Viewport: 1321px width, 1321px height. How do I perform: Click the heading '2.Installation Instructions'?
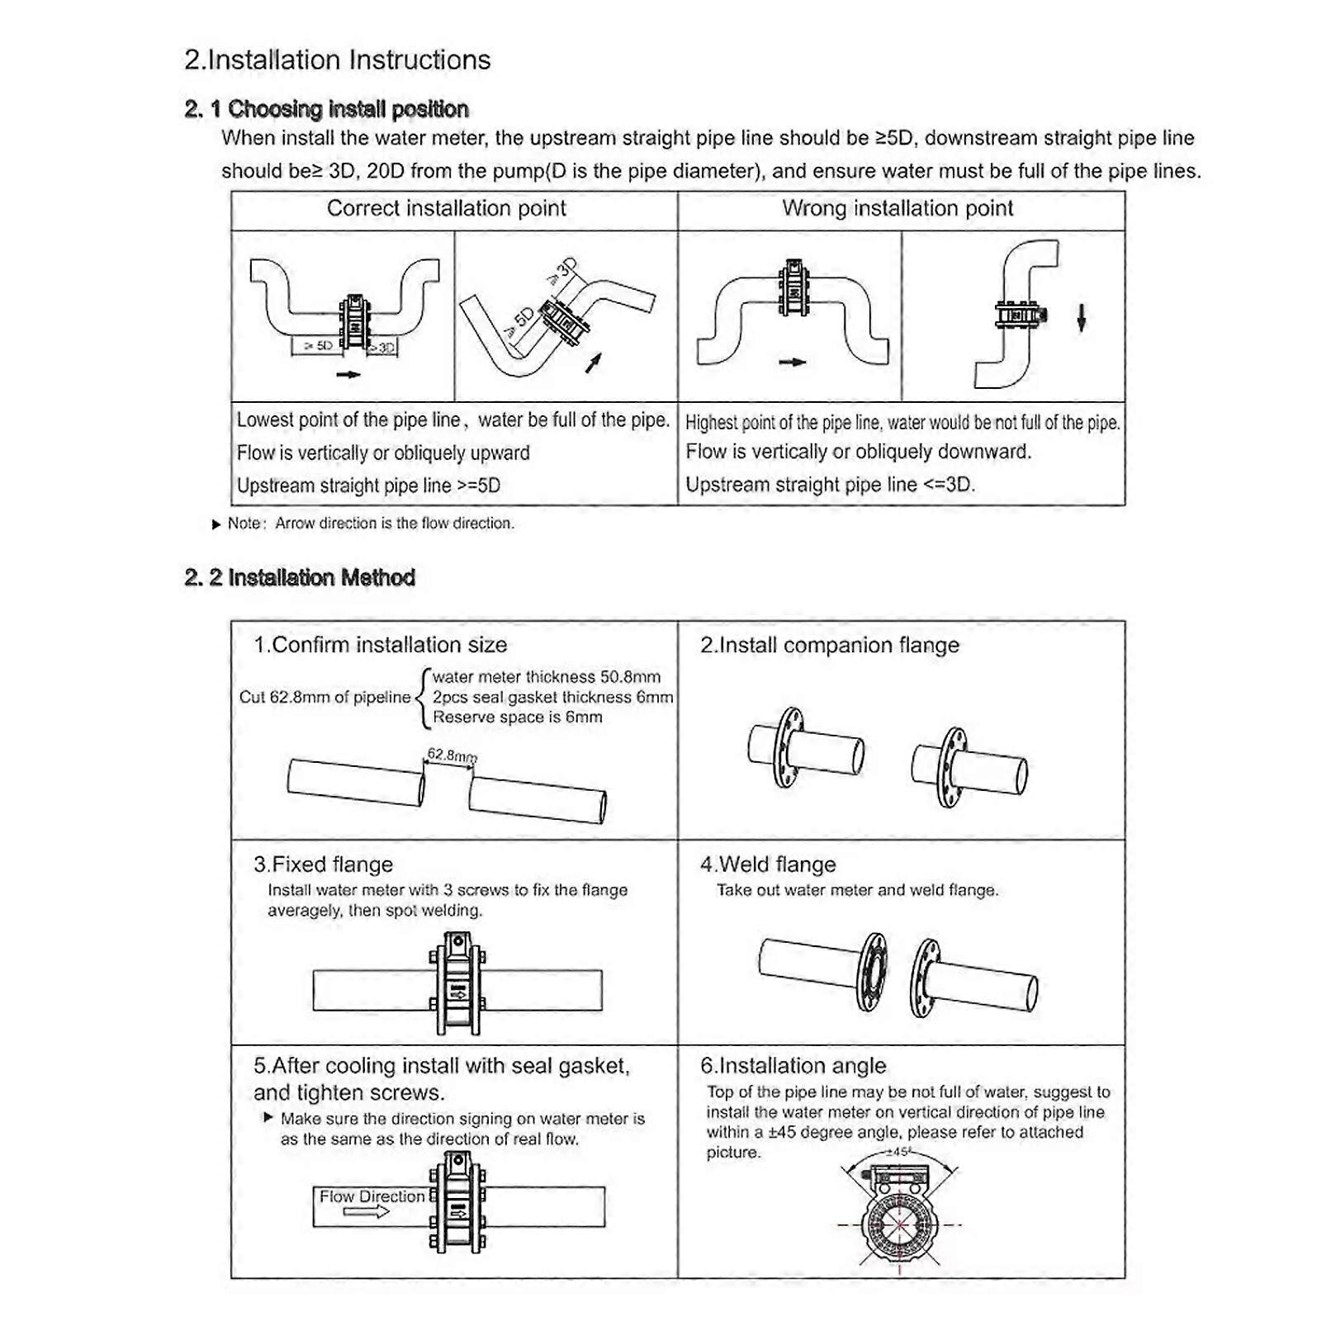[337, 60]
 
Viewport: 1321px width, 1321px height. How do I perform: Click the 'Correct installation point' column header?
[446, 209]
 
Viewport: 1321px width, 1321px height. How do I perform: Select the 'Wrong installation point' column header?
[897, 209]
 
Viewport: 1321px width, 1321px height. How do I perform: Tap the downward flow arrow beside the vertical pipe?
[1081, 318]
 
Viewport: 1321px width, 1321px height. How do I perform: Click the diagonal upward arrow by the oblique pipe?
[593, 362]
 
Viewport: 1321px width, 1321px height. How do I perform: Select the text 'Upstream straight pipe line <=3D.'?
[830, 485]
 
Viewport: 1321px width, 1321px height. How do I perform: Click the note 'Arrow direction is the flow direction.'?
[394, 523]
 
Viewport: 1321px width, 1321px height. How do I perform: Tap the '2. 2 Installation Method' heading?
[300, 578]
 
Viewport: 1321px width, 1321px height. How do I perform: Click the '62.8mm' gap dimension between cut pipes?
[451, 755]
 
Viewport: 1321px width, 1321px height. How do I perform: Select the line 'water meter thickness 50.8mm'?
[546, 678]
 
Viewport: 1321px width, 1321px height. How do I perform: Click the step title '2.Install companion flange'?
[829, 646]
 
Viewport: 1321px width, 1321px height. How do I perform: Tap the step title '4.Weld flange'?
[768, 864]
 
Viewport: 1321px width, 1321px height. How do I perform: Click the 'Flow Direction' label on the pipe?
[372, 1196]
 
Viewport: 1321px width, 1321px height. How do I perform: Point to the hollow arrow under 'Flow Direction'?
[366, 1212]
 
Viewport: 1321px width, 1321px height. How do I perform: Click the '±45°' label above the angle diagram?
[897, 1152]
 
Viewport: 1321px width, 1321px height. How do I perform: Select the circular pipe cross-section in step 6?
[899, 1225]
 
